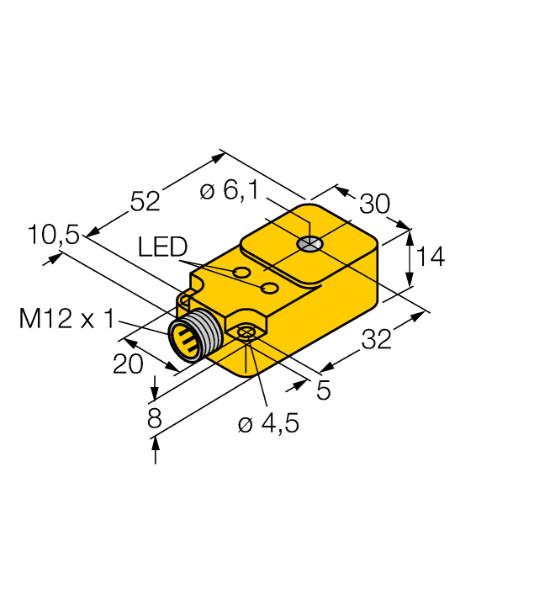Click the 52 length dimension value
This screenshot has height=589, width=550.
[145, 202]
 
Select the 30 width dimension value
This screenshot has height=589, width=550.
[374, 204]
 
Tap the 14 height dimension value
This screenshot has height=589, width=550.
[430, 257]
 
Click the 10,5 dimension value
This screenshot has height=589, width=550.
[52, 236]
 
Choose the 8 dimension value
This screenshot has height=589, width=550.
[154, 418]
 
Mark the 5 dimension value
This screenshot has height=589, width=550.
[323, 390]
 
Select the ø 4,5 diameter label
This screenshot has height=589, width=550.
[268, 425]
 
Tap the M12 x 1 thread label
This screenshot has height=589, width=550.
[66, 319]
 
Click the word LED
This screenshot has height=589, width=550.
[162, 247]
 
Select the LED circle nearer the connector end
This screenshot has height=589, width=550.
[242, 273]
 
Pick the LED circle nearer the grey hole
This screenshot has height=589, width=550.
[270, 289]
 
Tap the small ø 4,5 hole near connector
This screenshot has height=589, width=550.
[246, 334]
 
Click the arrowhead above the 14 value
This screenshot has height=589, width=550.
[410, 235]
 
